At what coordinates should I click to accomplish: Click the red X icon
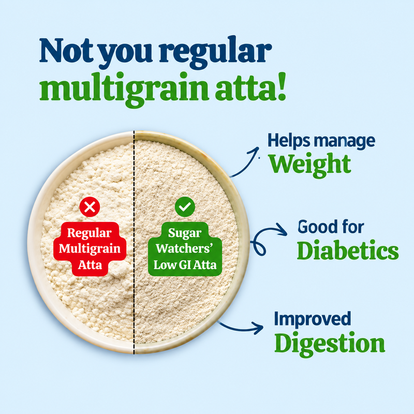(90, 206)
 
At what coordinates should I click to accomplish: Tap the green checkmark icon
(185, 206)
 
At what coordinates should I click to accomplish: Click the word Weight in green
(309, 165)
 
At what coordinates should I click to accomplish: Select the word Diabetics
(348, 250)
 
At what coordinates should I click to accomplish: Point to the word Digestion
(330, 344)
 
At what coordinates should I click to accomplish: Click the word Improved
(313, 319)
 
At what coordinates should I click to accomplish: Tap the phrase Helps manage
(321, 141)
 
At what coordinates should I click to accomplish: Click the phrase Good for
(331, 227)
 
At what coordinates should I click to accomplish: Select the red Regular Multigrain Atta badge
(90, 249)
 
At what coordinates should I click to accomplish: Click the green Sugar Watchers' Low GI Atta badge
(185, 249)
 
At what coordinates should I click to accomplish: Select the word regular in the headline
(215, 51)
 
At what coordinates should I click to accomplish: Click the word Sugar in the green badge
(185, 233)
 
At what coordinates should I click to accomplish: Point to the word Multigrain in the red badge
(90, 249)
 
